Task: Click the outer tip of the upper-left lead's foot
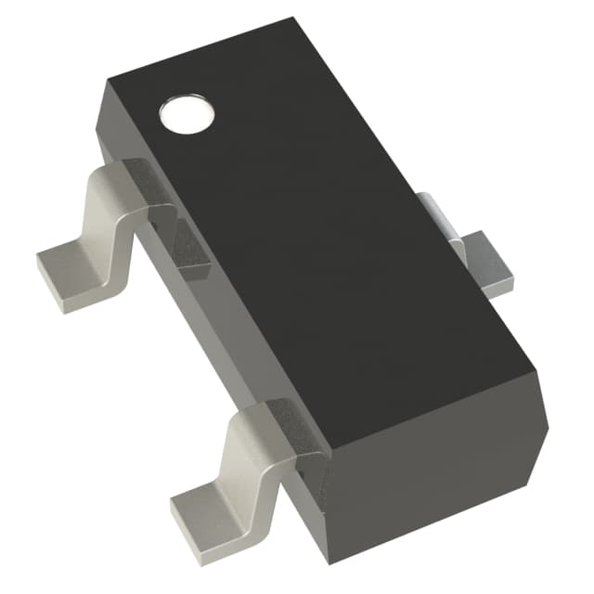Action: pyautogui.click(x=42, y=260)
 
